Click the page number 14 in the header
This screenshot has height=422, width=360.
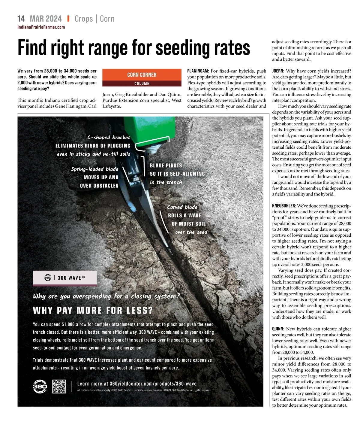21,19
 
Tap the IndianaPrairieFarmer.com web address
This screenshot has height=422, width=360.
41,27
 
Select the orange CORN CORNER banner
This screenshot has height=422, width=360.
142,75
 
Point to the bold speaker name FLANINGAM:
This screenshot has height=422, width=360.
198,71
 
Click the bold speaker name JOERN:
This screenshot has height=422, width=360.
278,71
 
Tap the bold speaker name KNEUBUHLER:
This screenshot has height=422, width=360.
284,206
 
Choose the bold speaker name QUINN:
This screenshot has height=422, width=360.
278,329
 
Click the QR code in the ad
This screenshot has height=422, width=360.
59,386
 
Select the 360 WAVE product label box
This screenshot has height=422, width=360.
65,278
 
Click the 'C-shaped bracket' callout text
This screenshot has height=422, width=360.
109,138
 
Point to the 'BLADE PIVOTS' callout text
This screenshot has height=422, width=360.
166,165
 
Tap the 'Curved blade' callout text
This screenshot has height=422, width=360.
182,207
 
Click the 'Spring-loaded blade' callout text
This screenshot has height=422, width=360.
95,169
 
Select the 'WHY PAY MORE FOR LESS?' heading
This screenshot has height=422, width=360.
93,310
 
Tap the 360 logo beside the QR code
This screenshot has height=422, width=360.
40,386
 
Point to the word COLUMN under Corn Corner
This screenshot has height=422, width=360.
142,83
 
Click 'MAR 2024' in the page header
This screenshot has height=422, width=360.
46,19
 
